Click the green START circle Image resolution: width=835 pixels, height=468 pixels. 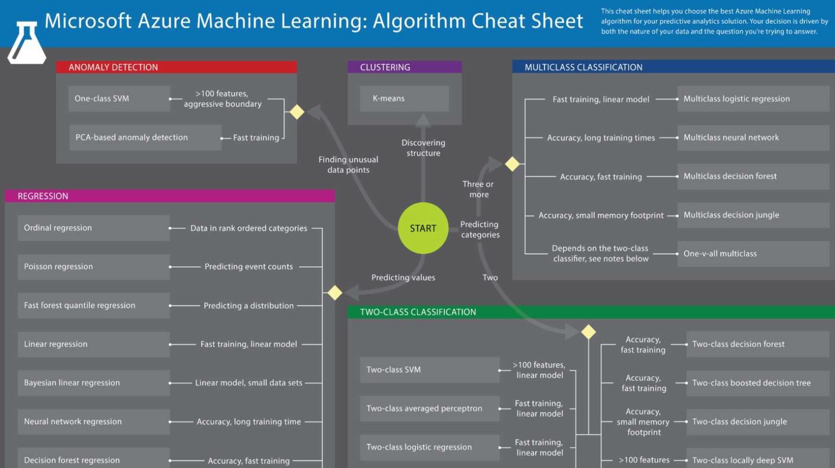point(423,228)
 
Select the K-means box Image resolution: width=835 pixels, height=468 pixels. point(404,98)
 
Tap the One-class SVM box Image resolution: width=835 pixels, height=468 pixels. point(119,98)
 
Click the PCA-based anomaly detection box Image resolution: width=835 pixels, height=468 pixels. point(145,137)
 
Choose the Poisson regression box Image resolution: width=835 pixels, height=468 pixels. point(93,266)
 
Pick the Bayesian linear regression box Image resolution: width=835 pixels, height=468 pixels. point(93,383)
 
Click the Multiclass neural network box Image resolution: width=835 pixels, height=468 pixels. point(752,137)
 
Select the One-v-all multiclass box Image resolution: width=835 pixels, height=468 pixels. point(752,253)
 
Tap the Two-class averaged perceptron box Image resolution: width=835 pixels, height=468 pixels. point(429,408)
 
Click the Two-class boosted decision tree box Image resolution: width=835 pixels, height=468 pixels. point(757,383)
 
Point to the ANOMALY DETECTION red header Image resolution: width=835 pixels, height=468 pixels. point(176,67)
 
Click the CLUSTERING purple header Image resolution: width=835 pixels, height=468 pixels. point(404,67)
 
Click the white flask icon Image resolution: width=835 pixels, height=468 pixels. point(26,44)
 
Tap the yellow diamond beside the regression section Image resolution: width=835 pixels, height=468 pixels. point(335,293)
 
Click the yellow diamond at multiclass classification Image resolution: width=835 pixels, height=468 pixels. point(512,164)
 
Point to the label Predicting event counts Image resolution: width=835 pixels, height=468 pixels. point(249,266)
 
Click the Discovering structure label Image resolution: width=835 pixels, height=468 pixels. point(423,148)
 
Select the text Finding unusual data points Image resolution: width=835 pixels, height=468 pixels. point(348,165)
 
